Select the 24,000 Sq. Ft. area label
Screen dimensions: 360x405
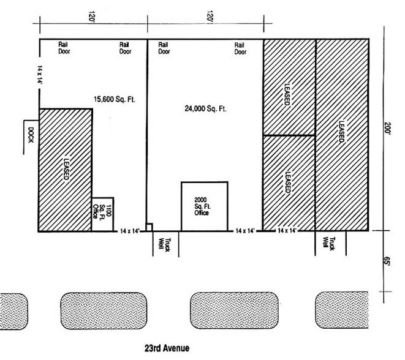205,109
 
